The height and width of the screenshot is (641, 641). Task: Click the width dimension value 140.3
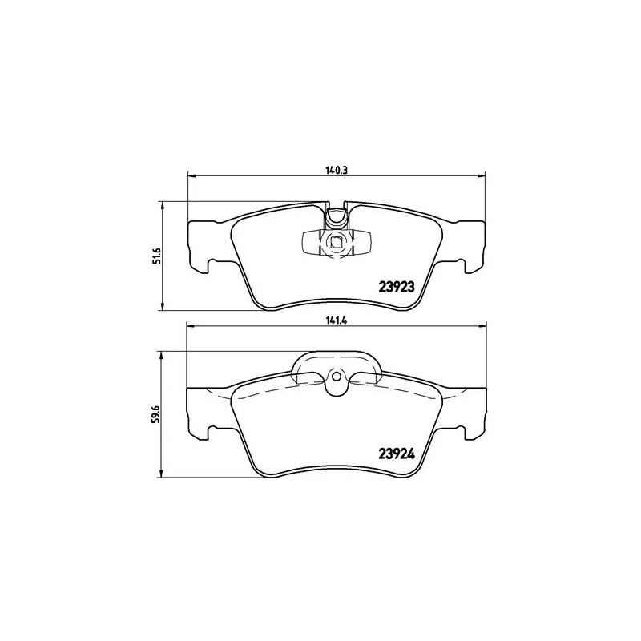click(336, 168)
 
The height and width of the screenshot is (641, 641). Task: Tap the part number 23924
click(395, 453)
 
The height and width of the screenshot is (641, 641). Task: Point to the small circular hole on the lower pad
click(337, 377)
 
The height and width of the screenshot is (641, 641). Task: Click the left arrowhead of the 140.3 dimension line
click(191, 175)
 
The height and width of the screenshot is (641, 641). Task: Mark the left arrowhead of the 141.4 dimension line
click(191, 325)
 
